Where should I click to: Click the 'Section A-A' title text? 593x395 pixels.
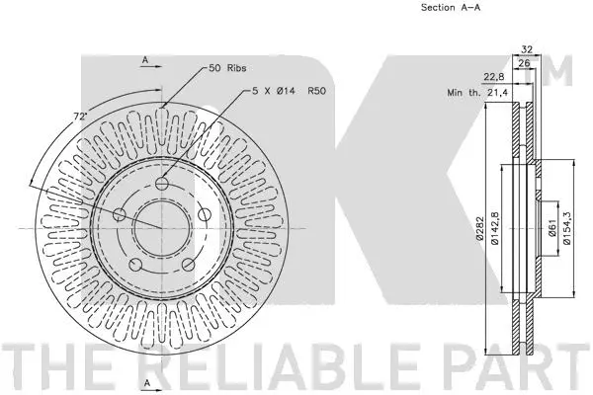pyautogui.click(x=424, y=8)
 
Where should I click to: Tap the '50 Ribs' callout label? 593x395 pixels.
pyautogui.click(x=228, y=68)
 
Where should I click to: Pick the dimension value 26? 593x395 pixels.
pyautogui.click(x=525, y=64)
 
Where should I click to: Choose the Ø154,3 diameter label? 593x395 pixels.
pyautogui.click(x=566, y=229)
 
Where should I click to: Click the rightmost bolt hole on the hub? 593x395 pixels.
pyautogui.click(x=204, y=215)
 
